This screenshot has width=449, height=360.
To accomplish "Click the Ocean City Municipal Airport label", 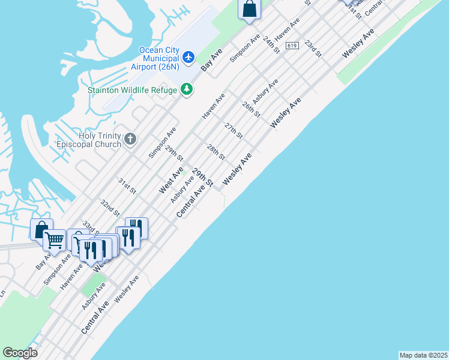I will coord(158,58).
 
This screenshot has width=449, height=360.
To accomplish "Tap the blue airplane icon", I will coord(189,57).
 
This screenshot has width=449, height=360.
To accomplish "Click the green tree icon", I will coord(187,89).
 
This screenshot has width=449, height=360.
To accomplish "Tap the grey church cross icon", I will coord(131,140).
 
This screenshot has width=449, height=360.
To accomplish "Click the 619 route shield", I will coord(292,46).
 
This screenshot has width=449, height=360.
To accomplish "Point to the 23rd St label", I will coord(312,49).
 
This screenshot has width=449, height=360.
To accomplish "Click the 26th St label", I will coord(251,109).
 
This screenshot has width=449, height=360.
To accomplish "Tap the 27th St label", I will coord(233,130).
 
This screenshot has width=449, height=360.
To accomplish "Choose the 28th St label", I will coord(215,152).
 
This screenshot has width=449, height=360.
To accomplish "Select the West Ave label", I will coord(171,180).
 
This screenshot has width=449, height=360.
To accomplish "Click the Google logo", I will coord(20,353).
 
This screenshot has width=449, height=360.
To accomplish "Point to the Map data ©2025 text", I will coord(424,355).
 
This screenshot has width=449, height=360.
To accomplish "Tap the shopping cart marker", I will coord(54,240).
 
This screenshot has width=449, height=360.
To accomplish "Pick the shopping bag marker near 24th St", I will coord(249,9).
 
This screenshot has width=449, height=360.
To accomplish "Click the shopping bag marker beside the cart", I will coord(41,229).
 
